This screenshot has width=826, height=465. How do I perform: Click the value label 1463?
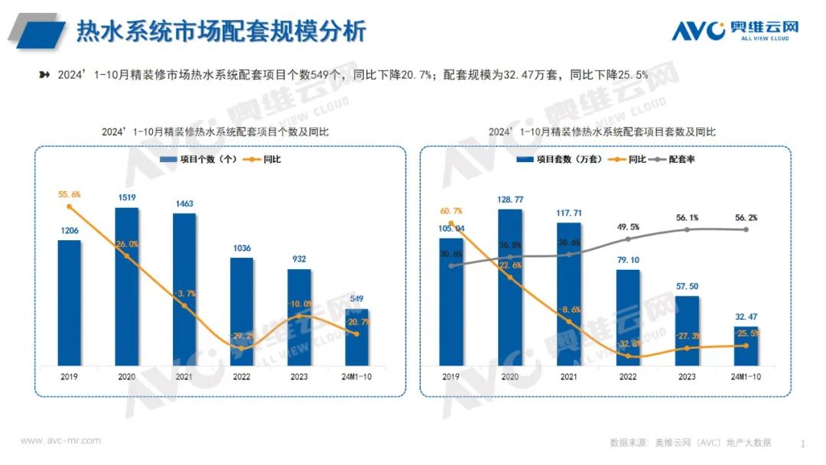pos(184,204)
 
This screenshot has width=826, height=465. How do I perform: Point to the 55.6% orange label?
pos(69,194)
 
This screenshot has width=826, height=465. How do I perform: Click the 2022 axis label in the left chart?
pos(242,377)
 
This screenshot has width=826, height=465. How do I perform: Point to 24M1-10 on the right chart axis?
pos(745,377)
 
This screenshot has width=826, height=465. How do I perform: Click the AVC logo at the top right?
pos(734,30)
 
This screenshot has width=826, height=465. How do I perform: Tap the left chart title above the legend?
pos(215,132)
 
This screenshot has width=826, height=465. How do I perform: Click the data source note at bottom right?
pos(690,442)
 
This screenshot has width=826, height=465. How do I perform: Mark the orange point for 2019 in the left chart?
pos(70,206)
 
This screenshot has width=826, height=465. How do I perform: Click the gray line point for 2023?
pos(687,229)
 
